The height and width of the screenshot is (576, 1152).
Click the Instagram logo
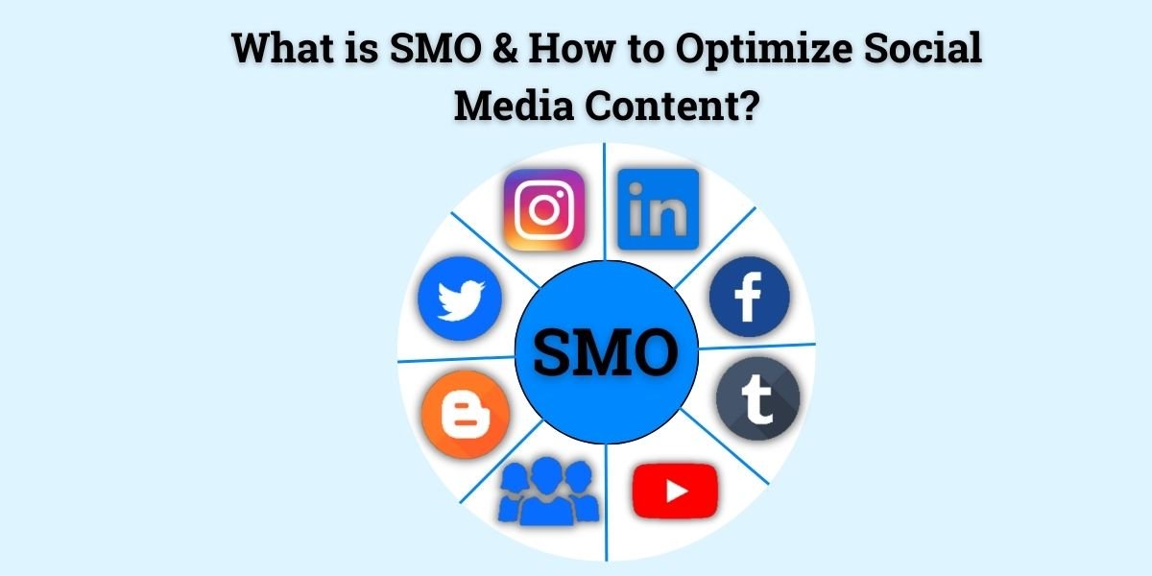(544, 210)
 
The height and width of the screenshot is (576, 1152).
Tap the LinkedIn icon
(659, 209)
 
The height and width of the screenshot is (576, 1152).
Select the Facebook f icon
(750, 297)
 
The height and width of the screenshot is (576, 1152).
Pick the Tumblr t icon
(758, 398)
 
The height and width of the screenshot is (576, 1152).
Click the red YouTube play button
(675, 492)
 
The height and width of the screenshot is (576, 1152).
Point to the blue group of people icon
(548, 492)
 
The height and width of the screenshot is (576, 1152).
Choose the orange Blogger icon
(466, 415)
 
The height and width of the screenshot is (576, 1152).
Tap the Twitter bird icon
(460, 299)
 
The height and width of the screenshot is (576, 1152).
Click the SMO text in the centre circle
(606, 352)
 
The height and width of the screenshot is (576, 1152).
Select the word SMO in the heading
(436, 48)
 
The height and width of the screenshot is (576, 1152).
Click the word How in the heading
(571, 48)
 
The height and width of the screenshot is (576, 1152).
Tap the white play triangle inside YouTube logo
(677, 492)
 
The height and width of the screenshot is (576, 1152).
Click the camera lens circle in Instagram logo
(544, 210)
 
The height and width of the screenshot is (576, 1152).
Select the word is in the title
(362, 48)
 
